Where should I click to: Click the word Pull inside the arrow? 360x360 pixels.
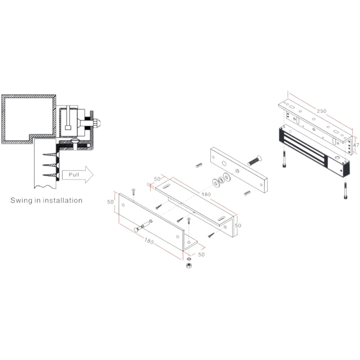click(x=74, y=174)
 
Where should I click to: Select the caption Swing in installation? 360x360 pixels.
click(x=46, y=200)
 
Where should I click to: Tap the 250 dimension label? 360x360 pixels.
click(x=321, y=111)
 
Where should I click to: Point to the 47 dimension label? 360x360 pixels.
click(x=356, y=145)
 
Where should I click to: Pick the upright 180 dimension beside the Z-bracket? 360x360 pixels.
click(x=206, y=194)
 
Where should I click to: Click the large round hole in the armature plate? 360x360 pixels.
click(x=224, y=163)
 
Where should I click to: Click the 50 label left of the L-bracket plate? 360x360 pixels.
click(x=111, y=202)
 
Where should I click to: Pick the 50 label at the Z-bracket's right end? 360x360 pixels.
click(x=238, y=225)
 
